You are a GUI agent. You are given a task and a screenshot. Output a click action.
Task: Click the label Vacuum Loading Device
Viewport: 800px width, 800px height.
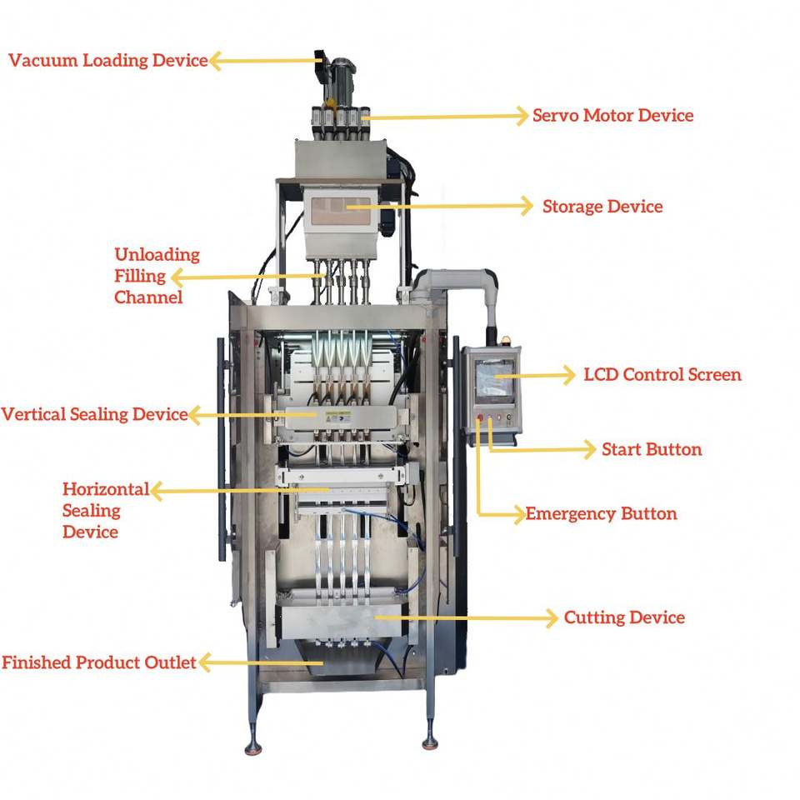[x=107, y=61]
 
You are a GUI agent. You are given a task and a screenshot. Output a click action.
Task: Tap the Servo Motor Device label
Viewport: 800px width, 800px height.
[x=612, y=116]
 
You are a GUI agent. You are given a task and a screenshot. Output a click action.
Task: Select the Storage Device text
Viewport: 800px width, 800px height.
[x=602, y=207]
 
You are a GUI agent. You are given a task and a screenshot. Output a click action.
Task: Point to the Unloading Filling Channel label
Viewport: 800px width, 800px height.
[x=157, y=276]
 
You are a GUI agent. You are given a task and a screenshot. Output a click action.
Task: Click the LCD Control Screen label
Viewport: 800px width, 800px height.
[x=662, y=375]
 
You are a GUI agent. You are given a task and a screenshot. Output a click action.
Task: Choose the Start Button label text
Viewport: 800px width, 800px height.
[x=652, y=450]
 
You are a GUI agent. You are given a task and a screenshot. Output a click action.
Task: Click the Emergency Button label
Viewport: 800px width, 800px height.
[x=601, y=513]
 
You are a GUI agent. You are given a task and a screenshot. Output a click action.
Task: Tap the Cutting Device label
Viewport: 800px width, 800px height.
[x=624, y=618]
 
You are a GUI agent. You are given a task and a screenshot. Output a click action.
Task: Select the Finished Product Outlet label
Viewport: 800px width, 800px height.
[x=98, y=663]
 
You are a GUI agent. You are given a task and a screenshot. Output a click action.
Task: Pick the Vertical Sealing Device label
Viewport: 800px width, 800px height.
[x=94, y=414]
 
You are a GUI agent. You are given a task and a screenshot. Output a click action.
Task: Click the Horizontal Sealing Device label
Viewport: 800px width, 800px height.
[x=105, y=510]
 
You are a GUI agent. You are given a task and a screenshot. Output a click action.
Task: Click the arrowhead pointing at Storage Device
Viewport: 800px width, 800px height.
[x=527, y=206]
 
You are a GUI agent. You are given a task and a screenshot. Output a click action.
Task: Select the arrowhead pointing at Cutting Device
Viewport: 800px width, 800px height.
[x=551, y=617]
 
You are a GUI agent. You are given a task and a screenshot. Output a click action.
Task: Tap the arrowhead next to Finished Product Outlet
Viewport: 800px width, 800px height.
[x=203, y=663]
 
